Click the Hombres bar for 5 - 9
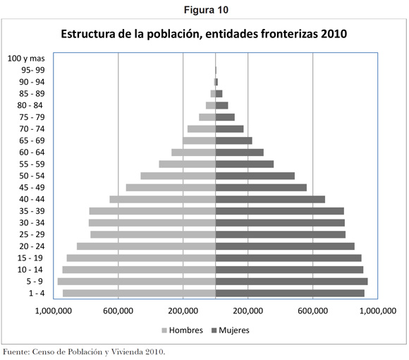coord(137,282)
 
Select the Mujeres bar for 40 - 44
coord(270,199)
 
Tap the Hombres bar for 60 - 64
coord(193,152)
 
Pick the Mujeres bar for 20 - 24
coord(285,246)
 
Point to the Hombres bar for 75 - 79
coord(207,117)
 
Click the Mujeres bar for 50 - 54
coord(255,176)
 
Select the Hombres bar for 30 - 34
coord(152,222)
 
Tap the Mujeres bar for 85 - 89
coord(219,94)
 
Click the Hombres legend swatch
coord(164,330)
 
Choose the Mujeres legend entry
coord(231,330)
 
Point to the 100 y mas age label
coord(26,59)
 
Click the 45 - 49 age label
coord(32,188)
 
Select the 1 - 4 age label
coord(37,293)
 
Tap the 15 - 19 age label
coord(30,258)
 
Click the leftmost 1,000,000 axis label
coord(54,311)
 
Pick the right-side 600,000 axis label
coord(313,311)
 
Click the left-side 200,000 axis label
coord(183,311)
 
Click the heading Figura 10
coord(206,10)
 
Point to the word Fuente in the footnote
coord(15,352)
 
